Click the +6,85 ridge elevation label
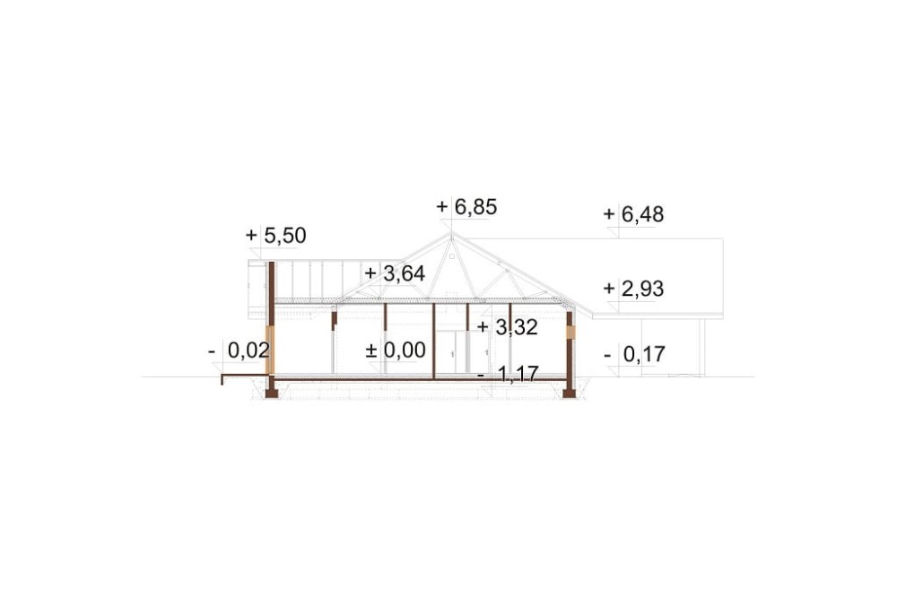(x=466, y=207)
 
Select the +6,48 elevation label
(x=633, y=214)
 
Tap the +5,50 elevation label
(x=275, y=235)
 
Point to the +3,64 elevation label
(x=395, y=274)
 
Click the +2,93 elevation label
(x=633, y=289)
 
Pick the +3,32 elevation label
(x=508, y=328)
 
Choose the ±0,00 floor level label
(x=396, y=350)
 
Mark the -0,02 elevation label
(x=239, y=350)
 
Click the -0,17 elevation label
(x=634, y=355)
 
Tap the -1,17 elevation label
(x=508, y=375)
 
